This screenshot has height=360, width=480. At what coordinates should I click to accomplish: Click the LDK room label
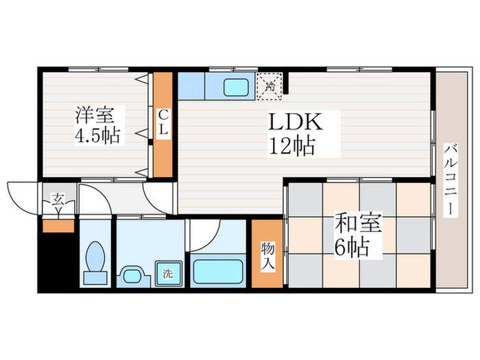click(x=295, y=123)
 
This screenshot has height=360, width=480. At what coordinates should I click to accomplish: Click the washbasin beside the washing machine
click(x=133, y=276)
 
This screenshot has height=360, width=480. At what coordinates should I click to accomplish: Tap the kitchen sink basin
click(x=237, y=88)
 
